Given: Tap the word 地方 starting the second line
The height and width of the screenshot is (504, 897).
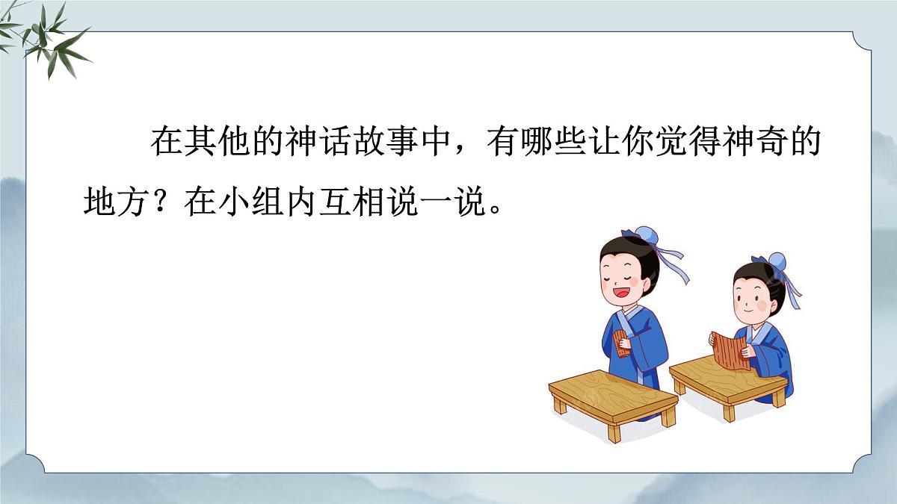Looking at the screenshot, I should click(x=117, y=202).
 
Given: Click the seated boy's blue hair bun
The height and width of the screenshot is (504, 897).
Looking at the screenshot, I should click(x=778, y=262).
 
